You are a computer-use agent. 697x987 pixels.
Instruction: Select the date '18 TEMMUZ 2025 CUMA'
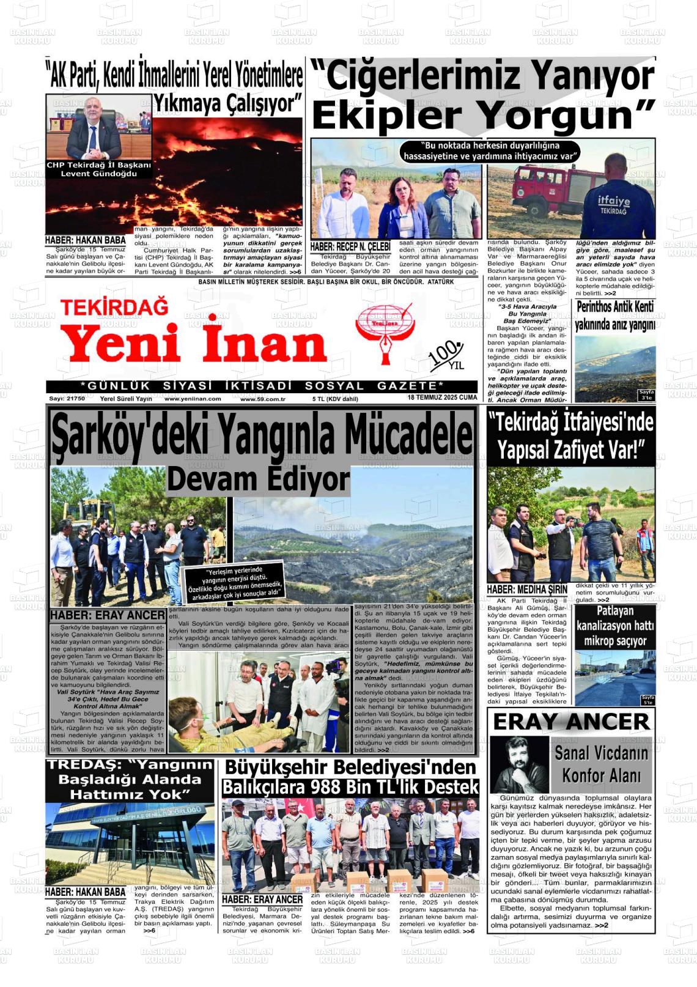point(442,397)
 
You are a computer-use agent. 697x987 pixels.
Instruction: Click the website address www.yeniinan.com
point(193,399)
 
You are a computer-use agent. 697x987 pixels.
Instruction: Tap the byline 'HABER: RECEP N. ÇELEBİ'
point(350,246)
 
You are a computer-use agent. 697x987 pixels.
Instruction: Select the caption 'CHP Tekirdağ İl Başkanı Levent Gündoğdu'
point(99,169)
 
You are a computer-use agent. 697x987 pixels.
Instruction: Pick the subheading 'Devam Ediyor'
point(258,479)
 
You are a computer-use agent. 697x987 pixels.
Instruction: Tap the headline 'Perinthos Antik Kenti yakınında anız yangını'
point(615,315)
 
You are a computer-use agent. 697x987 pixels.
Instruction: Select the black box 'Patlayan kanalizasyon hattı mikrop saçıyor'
point(614,626)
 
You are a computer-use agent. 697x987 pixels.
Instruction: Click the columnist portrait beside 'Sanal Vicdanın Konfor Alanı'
point(519,764)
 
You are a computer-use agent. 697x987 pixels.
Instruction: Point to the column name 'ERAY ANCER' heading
point(571,722)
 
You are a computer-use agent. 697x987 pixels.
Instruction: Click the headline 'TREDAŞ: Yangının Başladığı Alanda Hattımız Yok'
point(130,780)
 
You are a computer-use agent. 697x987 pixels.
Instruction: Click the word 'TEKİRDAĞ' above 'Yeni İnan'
point(114,307)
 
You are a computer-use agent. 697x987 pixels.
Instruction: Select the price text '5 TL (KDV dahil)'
point(335,399)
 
